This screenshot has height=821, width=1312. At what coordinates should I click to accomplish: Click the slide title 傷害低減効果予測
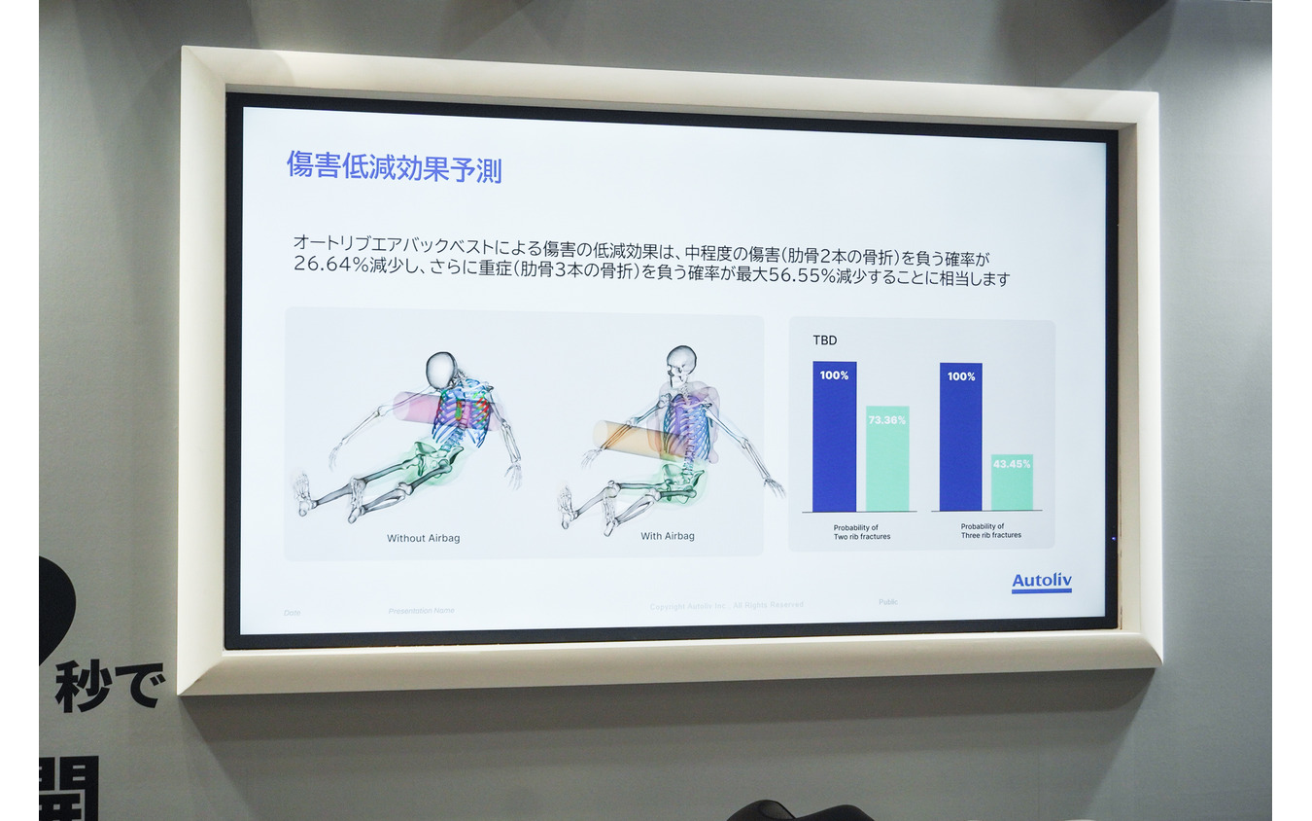coord(394,166)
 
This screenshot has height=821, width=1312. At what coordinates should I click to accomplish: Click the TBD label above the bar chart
coord(824,341)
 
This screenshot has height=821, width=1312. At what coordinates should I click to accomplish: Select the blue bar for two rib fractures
coord(834,437)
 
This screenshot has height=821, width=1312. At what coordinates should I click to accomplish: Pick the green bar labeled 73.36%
coord(886,458)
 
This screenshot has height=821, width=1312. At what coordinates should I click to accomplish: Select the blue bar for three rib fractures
coord(960,437)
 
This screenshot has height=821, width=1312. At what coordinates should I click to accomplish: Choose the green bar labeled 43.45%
coord(1012,482)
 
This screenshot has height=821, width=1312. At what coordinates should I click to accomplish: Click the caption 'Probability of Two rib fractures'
coord(861,531)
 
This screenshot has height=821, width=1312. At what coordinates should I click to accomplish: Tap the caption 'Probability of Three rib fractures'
coord(989,531)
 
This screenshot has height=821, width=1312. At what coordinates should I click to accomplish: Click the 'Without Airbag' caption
coord(424,538)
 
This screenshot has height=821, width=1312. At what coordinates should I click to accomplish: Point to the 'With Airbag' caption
coord(668,536)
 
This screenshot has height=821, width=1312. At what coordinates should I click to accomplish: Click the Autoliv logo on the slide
coord(1041,582)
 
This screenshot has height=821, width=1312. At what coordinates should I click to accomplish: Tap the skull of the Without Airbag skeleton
coord(441,369)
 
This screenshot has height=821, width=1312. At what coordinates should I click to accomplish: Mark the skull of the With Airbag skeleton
coord(681,360)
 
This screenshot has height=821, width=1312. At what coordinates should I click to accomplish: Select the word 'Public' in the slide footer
coord(888,602)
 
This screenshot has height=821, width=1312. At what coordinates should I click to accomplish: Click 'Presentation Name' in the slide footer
coord(421,611)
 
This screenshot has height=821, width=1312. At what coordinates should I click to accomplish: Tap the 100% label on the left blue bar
coord(834,375)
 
